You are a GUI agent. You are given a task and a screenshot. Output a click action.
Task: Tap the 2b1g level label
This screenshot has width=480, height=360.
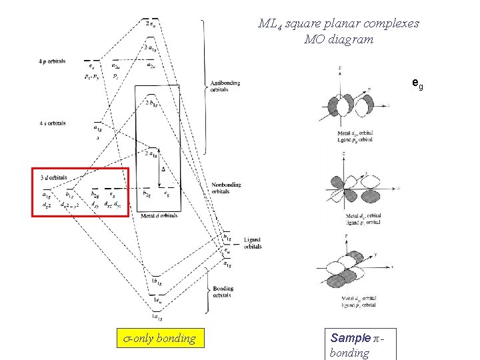tap(151, 103)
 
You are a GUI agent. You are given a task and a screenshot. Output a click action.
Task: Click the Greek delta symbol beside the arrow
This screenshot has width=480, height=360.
tap(163, 169)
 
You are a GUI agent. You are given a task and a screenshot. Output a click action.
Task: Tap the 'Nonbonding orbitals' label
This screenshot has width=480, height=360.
tap(227, 187)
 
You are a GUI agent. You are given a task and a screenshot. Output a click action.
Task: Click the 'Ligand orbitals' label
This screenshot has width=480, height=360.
tap(253, 243)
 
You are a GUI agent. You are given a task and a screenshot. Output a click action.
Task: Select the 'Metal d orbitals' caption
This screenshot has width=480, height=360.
tap(159, 215)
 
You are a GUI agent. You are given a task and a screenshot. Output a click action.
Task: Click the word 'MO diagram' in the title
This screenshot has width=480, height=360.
tap(338, 39)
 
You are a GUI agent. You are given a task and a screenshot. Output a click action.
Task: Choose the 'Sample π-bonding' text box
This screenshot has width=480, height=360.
tap(358, 345)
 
